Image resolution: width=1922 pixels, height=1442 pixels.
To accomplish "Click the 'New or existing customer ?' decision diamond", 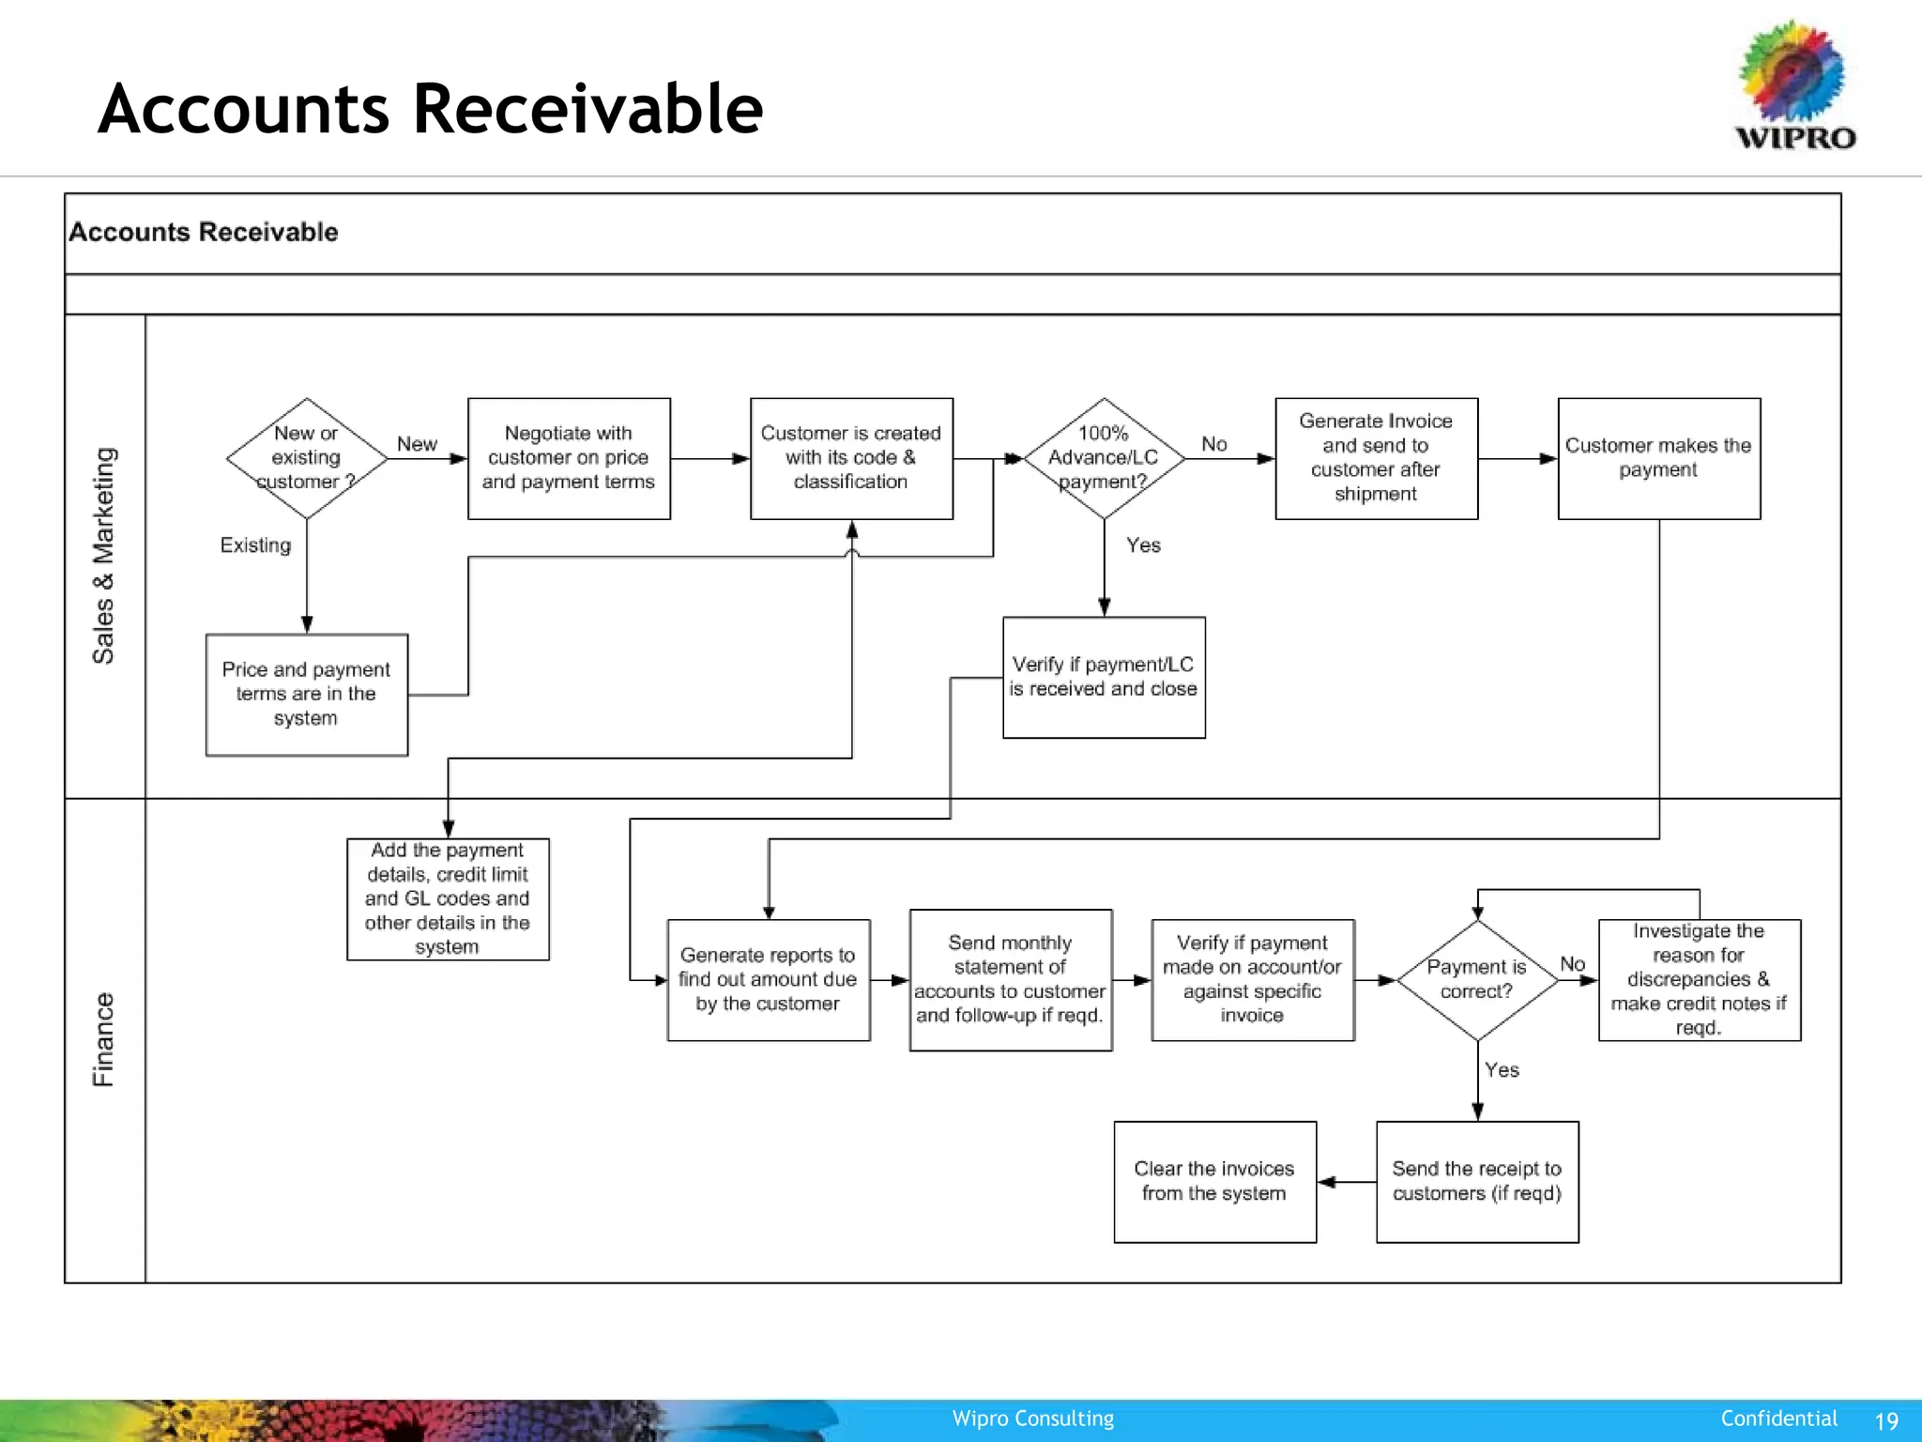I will point(306,458).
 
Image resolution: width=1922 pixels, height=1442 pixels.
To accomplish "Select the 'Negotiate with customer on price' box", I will point(569,458).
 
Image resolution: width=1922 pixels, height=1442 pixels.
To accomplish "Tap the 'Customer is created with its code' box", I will point(851,458).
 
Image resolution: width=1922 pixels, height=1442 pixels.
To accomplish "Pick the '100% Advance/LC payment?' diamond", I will point(1104,458).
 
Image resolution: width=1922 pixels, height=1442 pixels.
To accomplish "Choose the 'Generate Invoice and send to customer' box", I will point(1376,458).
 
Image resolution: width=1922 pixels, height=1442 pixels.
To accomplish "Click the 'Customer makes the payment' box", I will point(1658,458).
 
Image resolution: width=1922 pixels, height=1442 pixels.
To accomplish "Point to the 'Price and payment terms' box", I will point(306,695).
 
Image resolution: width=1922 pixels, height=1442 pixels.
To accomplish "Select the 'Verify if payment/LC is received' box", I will point(1104,677).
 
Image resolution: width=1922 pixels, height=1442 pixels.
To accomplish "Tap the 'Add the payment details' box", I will point(448,899).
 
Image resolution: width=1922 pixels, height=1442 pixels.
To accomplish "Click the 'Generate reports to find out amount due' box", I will point(768,980).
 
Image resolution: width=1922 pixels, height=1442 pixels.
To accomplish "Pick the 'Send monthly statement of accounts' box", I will point(1010,980).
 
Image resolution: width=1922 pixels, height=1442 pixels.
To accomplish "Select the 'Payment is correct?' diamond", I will point(1477,980).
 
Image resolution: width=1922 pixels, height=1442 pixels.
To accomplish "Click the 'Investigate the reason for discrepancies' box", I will point(1699,980).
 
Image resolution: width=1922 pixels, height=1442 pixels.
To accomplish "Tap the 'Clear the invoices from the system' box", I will point(1214,1182).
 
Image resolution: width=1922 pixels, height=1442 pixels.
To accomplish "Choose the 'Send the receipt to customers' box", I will point(1477,1182).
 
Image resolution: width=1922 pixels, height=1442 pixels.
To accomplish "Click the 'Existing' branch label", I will point(255,545).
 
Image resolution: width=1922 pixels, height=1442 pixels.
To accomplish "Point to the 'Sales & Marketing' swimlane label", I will point(103,556).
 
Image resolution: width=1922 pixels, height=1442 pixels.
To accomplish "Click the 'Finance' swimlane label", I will point(103,1039).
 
